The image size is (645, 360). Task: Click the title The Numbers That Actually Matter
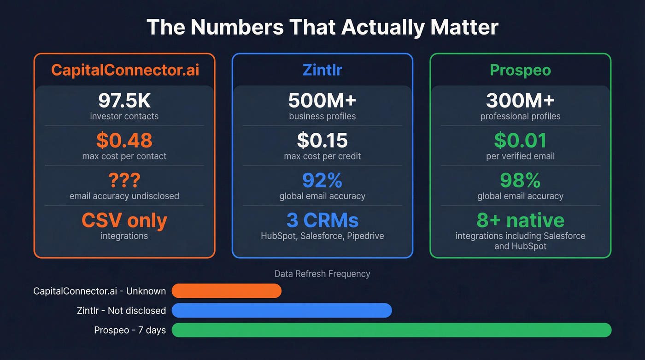322,27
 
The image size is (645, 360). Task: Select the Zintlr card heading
322,70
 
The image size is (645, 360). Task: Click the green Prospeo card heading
520,70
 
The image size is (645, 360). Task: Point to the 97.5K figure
124,100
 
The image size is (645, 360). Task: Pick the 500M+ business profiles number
322,100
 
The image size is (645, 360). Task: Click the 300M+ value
520,100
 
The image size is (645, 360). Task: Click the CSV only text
124,221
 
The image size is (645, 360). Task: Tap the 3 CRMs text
322,221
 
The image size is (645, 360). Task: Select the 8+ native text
520,221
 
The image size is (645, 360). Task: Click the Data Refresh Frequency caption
322,274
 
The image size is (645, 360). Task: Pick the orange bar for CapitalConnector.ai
226,291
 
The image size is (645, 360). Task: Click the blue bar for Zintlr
281,311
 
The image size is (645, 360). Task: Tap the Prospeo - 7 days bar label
130,330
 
